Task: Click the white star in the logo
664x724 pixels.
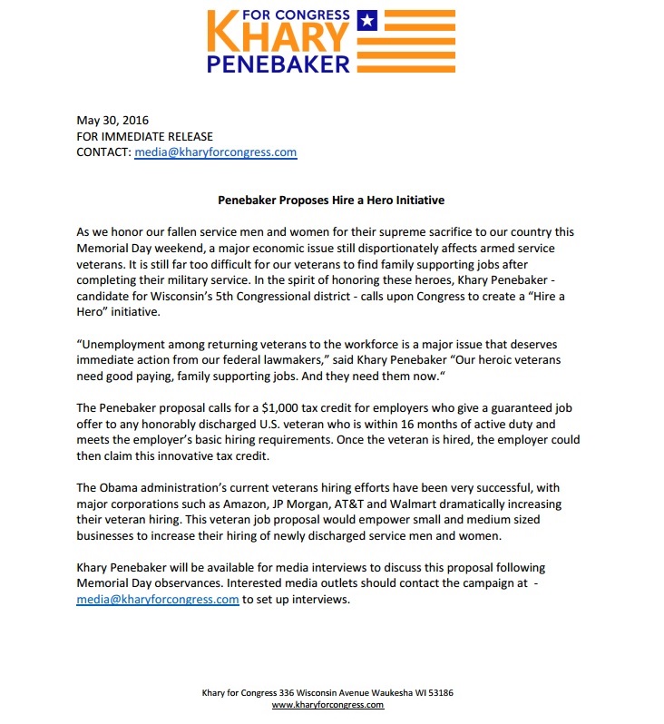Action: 366,19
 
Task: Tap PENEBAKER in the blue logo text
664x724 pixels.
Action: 278,64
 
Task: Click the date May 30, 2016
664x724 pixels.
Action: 112,120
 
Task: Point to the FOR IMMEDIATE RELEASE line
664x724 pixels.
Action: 145,136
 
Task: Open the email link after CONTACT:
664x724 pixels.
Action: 216,152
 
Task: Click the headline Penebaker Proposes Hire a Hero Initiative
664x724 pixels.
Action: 331,200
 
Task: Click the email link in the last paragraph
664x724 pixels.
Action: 158,600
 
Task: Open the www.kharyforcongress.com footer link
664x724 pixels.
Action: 327,705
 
